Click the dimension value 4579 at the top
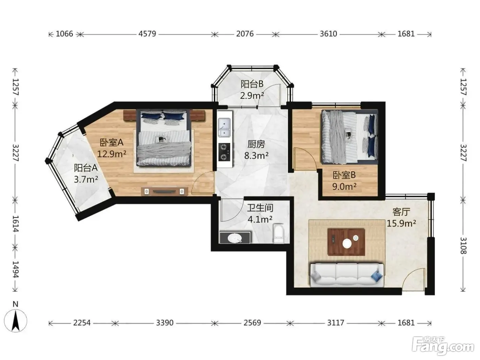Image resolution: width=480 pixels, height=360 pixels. point(147,34)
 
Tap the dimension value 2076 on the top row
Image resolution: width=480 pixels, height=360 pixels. point(245,34)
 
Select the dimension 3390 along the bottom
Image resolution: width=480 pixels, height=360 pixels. point(165,323)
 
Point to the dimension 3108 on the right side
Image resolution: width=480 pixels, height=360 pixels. point(463,246)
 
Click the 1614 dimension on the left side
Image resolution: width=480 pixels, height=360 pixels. point(16,224)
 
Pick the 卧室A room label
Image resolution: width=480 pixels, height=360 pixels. point(111,143)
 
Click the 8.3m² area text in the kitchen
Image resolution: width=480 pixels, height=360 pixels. point(256,155)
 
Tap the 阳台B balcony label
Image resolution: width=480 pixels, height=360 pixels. point(252,84)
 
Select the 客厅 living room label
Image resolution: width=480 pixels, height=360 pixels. point(401,212)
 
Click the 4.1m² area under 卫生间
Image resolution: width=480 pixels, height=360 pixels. point(260,219)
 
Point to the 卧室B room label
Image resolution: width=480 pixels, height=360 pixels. point(344,175)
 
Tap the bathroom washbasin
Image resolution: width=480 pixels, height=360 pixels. point(235,238)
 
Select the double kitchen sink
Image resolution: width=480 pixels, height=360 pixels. point(224,127)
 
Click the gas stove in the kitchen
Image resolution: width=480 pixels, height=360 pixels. point(224,152)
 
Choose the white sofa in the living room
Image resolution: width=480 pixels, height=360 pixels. point(347,275)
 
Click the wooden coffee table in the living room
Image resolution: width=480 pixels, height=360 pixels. point(346,242)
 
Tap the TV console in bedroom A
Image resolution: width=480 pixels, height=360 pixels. point(165,191)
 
